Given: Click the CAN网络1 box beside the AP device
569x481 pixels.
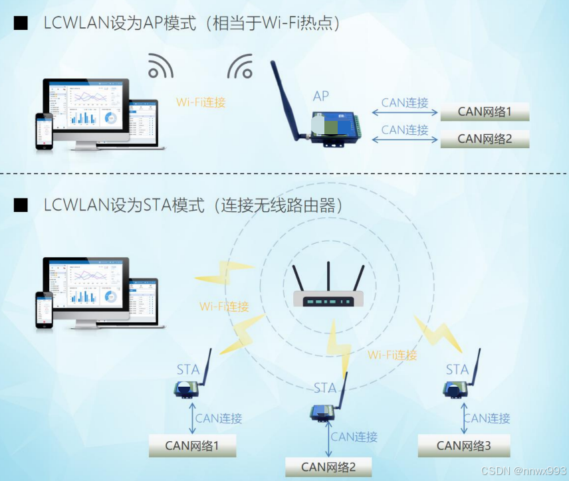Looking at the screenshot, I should coord(485,112).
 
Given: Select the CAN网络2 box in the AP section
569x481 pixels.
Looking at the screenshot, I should coord(485,139).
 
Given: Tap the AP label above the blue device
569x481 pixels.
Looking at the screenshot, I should coord(321,96).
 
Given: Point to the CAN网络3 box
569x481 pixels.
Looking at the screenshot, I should coord(463,446).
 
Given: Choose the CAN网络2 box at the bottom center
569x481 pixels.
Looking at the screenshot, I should coord(328,467).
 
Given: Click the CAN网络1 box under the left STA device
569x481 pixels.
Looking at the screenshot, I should coord(192,446).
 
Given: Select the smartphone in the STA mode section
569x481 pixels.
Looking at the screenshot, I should coord(44,309).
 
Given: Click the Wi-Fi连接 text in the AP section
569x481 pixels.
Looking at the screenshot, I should coord(201,102).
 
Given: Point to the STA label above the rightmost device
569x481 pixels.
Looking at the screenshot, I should coord(457,369).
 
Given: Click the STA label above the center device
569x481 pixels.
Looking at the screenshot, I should coord(325,388).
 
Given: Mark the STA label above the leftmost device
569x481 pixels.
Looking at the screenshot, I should coord(188,369).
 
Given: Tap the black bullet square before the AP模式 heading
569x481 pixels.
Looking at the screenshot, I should coord(21,24).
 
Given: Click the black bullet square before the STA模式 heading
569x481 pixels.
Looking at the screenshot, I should coord(21,205).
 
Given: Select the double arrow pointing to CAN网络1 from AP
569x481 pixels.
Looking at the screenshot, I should coord(404,113).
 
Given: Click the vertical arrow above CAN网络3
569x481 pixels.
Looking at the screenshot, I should coord(463,418).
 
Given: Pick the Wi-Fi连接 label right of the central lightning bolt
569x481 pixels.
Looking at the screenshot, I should coord(392,355).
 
